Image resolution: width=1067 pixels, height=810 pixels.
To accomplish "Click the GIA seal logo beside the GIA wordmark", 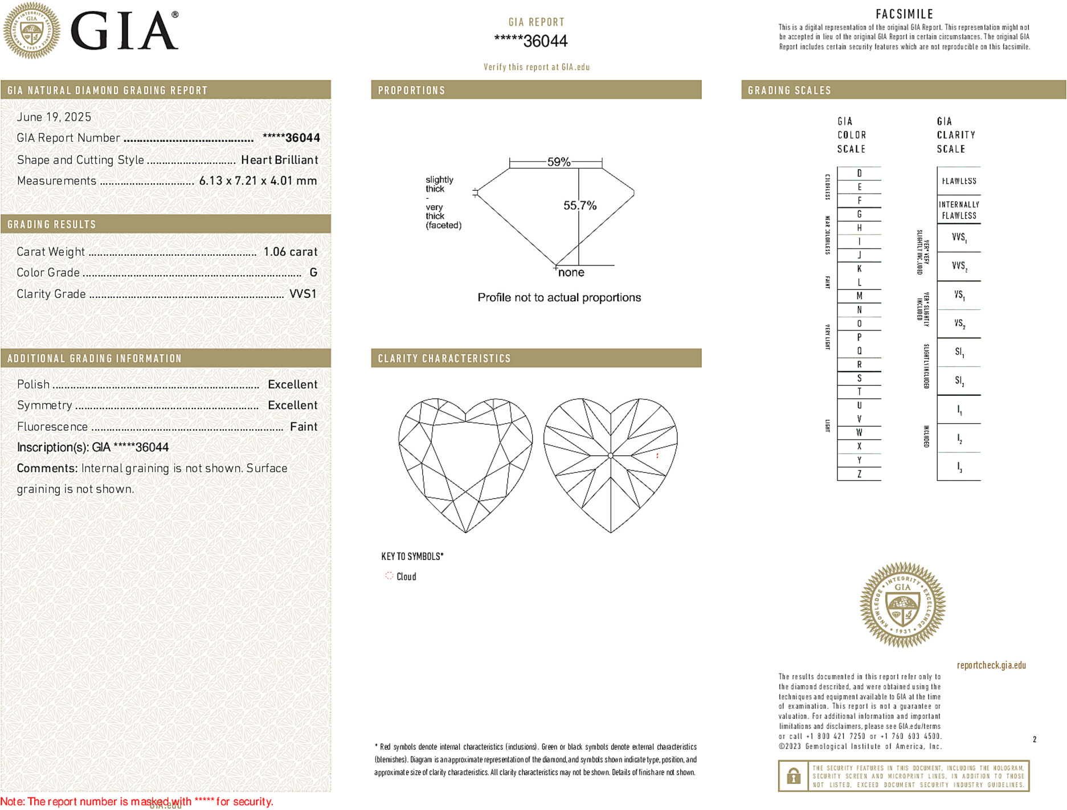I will pos(32,30).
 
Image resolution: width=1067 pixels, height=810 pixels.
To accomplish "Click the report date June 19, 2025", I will pos(54,117).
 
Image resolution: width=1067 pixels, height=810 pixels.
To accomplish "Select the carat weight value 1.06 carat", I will pos(290,252).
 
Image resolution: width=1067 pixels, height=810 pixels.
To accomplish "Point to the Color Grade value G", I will pos(313,273).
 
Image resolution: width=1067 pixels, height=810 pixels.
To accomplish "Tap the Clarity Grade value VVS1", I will pos(302,294).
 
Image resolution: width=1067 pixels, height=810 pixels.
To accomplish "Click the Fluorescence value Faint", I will pos(304,427).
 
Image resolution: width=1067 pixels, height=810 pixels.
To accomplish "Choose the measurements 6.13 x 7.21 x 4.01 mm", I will pos(258,181).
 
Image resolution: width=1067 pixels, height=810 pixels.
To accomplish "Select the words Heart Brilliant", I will pos(279,160).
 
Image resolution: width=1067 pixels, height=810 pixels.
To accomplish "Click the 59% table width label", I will pos(558,162).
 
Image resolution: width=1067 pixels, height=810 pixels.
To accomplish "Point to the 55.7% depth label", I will pos(580,206).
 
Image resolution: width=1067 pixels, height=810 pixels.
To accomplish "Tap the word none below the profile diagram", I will pos(571,273).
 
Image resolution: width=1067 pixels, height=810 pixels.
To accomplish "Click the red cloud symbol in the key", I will pos(389,576).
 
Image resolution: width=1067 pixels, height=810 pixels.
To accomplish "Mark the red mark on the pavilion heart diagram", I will pos(657,456).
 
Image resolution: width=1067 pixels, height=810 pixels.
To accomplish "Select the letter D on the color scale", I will pos(859,173).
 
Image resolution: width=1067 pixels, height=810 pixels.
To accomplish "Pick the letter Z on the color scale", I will pos(859,474).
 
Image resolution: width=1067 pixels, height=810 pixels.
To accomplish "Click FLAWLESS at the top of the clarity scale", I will pos(959,181).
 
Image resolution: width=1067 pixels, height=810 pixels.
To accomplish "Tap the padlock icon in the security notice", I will pos(794,776).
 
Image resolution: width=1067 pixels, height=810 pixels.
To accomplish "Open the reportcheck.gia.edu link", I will pos(991,665).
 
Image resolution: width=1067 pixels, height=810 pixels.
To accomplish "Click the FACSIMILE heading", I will pos(904,14).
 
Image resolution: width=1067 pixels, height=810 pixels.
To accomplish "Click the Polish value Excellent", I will pos(292,384).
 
